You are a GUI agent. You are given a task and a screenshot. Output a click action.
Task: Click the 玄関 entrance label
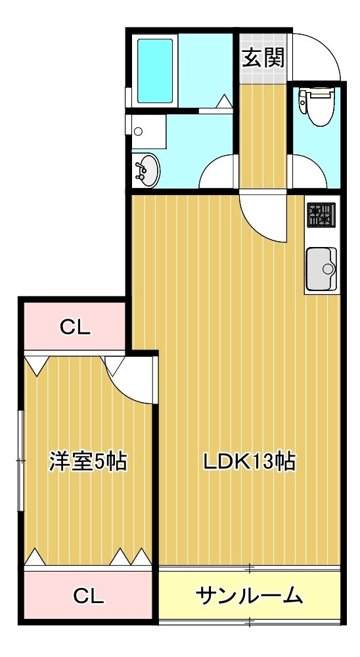coord(263,58)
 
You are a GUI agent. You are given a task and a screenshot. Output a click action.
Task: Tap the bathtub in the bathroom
coord(155,70)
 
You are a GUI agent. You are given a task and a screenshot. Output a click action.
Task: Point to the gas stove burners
coord(321,215)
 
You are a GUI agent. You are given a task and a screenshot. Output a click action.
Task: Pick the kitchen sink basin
coord(321,269)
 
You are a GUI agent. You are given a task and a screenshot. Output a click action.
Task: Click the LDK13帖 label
coord(250,461)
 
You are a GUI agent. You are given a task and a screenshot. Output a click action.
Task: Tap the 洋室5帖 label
coord(88,461)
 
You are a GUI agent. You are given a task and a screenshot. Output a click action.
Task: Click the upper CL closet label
coord(75,328)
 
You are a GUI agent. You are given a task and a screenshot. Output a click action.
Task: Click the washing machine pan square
coord(148,131)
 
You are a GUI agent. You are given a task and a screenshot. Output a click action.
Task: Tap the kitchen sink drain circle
coord(328,269)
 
